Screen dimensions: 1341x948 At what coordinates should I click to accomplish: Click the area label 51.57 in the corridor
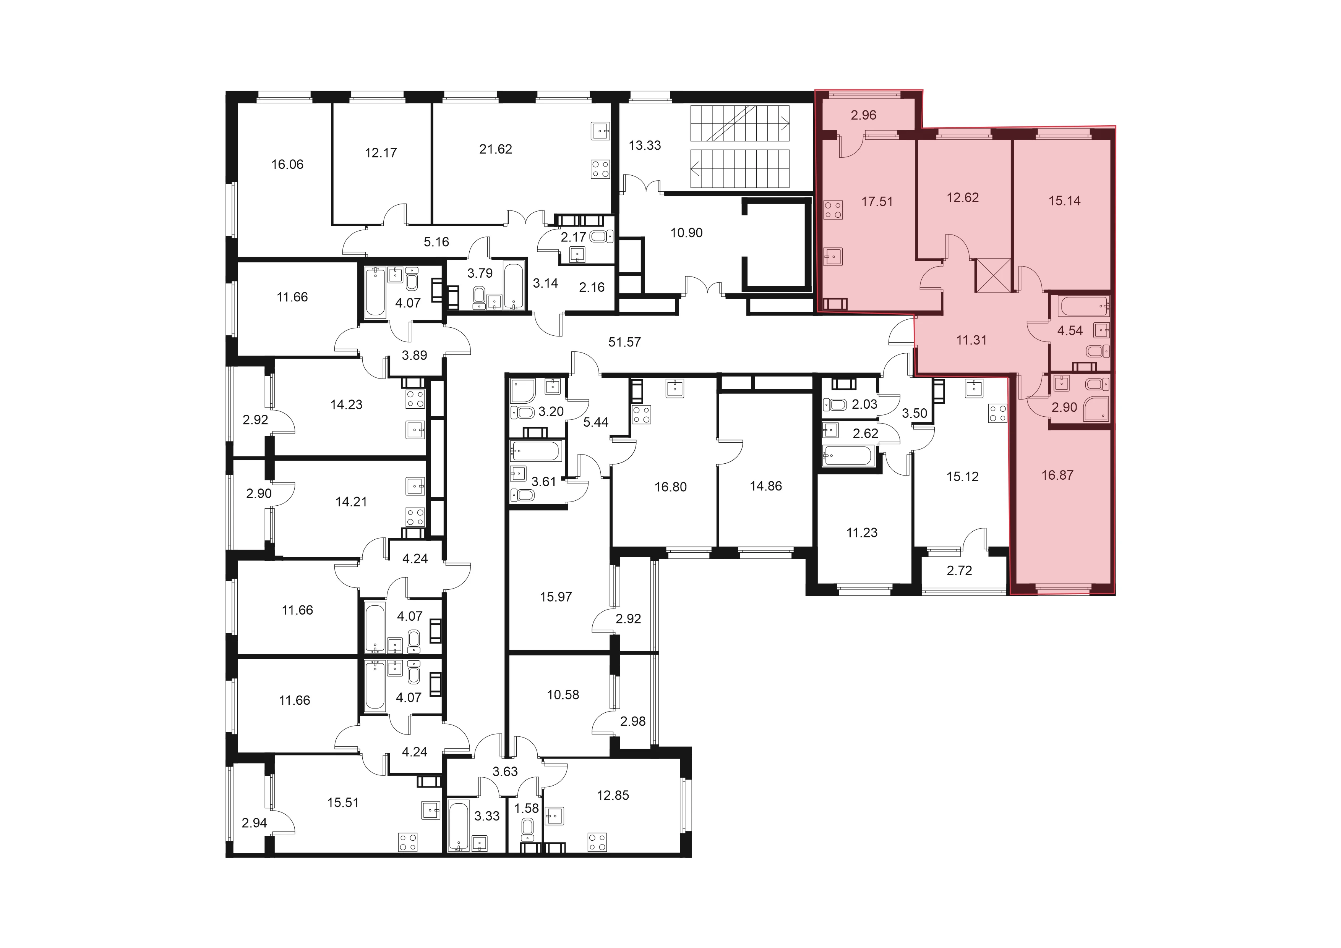(624, 342)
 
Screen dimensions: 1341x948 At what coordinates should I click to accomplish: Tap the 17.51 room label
(877, 201)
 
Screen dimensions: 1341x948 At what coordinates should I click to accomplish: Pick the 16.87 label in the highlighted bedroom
(1057, 475)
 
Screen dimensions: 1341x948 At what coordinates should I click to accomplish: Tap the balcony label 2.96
(863, 115)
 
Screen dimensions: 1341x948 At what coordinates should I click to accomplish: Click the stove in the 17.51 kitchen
(833, 210)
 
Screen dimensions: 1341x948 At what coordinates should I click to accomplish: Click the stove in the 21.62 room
(600, 169)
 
